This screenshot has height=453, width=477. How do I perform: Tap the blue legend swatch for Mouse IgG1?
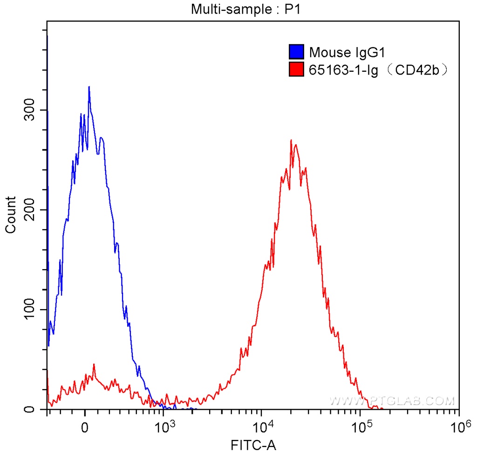coord(296,51)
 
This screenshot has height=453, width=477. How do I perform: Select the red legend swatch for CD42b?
coord(296,70)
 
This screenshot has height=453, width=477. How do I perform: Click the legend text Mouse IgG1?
coord(342,51)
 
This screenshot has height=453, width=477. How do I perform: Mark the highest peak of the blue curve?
coord(89,87)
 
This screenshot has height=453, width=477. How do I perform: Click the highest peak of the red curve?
coord(291,140)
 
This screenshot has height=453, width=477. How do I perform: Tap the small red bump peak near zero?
coord(94,365)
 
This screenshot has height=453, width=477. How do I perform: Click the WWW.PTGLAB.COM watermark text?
coord(391,400)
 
